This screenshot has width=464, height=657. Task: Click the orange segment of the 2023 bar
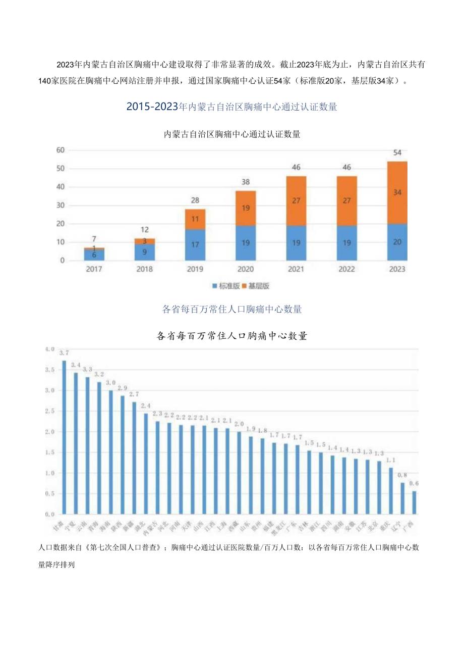click(397, 192)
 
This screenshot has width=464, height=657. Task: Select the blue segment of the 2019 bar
click(195, 245)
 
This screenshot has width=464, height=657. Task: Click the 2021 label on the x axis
click(296, 269)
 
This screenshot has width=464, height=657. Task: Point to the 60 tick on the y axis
click(60, 150)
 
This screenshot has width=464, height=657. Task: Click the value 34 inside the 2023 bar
click(397, 192)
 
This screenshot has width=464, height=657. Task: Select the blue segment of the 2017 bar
click(94, 255)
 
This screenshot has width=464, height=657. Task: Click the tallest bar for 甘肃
click(64, 437)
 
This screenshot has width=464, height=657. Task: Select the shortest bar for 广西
click(414, 502)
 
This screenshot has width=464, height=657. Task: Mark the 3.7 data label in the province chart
click(64, 352)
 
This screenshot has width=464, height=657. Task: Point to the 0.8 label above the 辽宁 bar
click(403, 475)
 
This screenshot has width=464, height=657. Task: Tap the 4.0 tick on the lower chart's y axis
click(49, 349)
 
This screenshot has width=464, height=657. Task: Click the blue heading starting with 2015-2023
click(231, 107)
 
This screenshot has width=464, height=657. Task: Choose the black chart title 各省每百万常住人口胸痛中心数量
click(231, 336)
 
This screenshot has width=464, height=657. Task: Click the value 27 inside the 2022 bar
click(346, 201)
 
